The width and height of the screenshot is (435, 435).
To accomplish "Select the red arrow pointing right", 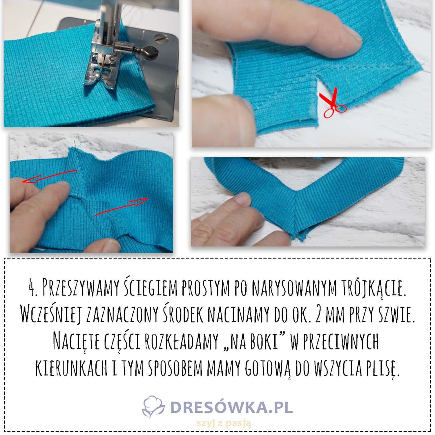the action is click(x=122, y=206).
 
